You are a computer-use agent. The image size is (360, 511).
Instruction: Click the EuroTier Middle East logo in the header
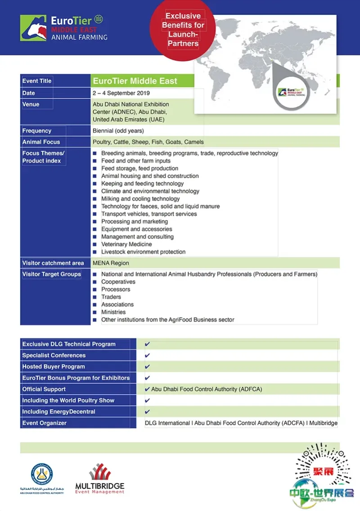point(63,28)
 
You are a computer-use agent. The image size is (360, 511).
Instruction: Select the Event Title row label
point(37,81)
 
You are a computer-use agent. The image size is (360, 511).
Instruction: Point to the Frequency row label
point(37,131)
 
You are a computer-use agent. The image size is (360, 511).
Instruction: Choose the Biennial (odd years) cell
point(118,131)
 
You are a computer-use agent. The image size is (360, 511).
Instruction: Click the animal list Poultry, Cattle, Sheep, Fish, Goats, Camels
point(148,142)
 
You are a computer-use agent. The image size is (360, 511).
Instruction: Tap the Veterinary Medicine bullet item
point(126,244)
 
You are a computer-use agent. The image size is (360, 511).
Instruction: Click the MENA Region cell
point(111,263)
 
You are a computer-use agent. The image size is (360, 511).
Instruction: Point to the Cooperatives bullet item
point(118,282)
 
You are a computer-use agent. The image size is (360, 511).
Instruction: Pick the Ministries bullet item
point(113,312)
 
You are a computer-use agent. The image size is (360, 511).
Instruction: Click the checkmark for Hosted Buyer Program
point(148,367)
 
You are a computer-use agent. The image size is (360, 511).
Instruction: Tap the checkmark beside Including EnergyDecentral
point(148,412)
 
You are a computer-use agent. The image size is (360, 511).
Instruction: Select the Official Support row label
point(44,389)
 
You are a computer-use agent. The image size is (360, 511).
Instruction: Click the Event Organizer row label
point(45,423)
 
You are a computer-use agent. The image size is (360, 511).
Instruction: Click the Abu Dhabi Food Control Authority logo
point(42,478)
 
